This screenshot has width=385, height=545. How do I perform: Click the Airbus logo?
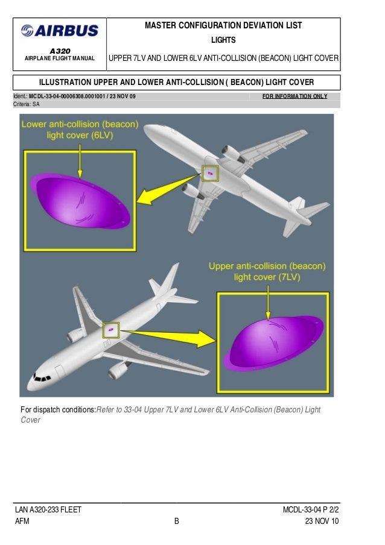coord(59,31)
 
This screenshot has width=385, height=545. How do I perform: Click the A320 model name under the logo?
coord(59,50)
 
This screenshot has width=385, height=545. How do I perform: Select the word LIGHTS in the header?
coord(223,40)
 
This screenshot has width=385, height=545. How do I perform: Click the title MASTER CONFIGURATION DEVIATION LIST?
coord(223,26)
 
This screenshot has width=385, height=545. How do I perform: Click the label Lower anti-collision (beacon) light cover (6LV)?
coord(80,130)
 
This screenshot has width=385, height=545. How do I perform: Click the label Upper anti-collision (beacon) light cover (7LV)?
coord(267,271)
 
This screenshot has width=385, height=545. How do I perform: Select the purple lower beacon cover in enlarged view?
coord(80,201)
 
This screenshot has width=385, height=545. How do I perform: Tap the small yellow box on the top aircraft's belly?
coord(210,174)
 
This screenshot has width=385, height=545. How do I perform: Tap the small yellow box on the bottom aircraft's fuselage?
coord(111,330)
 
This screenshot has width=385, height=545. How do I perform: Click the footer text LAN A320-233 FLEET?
coord(48,511)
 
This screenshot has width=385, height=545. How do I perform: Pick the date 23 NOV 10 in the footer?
coord(322,521)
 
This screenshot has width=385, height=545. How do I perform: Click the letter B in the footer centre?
coord(177,522)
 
